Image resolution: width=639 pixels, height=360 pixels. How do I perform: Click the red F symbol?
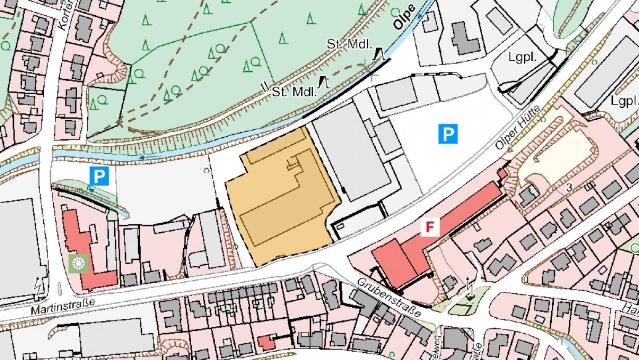(x=429, y=227)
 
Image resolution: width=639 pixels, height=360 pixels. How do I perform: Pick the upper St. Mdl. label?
(x=349, y=44)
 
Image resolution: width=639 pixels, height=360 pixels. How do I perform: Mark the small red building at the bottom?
(x=266, y=343)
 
